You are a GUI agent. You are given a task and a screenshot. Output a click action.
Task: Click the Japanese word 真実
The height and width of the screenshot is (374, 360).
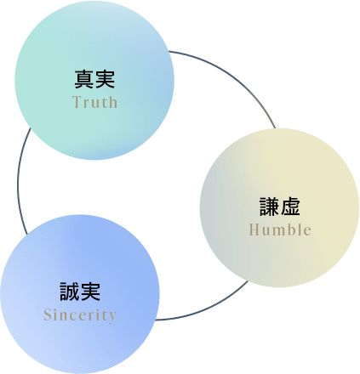click(94, 79)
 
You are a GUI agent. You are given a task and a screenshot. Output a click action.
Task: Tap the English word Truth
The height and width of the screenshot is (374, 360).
click(94, 102)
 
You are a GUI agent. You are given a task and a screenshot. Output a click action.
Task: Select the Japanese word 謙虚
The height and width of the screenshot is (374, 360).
click(280, 207)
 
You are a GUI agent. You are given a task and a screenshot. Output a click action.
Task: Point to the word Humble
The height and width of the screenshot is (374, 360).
click(280, 229)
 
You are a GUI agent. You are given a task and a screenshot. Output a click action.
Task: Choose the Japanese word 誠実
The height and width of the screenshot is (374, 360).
click(80, 292)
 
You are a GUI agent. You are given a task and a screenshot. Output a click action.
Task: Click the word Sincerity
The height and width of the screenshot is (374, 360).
click(80, 315)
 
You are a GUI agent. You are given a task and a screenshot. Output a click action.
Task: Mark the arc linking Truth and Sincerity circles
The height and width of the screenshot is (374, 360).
click(19, 181)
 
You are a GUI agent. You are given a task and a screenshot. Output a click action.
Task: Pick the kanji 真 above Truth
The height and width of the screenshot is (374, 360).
click(84, 79)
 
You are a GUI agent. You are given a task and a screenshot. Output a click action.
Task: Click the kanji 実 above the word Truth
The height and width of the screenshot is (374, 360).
click(105, 79)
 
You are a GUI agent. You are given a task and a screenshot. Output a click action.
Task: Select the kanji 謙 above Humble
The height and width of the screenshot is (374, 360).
click(270, 207)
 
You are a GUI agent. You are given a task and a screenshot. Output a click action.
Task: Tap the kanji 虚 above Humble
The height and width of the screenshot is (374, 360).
click(290, 207)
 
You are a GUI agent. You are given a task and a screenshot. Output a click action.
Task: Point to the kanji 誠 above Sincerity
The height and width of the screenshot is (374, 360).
click(70, 292)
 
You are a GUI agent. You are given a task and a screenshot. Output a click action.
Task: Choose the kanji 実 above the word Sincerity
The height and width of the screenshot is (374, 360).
click(90, 292)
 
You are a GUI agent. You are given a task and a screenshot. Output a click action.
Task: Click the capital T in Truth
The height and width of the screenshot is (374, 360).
click(77, 102)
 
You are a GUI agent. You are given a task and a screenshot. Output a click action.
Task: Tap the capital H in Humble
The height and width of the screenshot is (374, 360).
click(254, 229)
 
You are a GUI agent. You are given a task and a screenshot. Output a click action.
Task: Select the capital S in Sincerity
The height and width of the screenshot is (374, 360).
click(48, 314)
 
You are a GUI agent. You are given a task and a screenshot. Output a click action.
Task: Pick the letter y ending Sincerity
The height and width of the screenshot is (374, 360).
click(112, 317)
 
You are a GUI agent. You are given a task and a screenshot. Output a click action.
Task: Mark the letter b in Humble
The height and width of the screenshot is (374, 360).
click(294, 229)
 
